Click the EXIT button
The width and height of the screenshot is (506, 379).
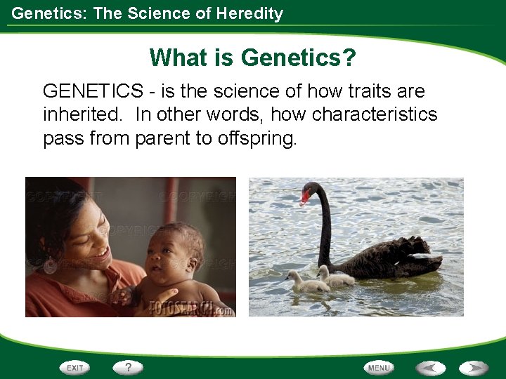click(x=75, y=367)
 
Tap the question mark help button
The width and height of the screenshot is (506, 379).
click(x=128, y=367)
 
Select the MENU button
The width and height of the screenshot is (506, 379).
click(x=379, y=367)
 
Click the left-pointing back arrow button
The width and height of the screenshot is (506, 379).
click(x=431, y=367)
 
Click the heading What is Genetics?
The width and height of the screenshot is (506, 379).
click(x=252, y=57)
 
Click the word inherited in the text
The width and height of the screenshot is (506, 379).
click(x=74, y=114)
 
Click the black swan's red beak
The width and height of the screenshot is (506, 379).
click(x=304, y=198)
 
